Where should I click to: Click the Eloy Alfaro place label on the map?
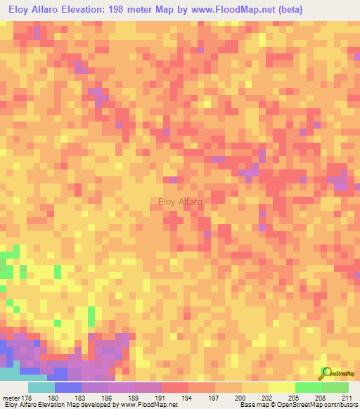coord(181,202)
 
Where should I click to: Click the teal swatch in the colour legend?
coord(41,387)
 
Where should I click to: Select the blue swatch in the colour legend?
coord(68,387)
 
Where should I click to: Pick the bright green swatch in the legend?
coord(308,387)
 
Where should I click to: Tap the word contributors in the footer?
coord(336,405)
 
